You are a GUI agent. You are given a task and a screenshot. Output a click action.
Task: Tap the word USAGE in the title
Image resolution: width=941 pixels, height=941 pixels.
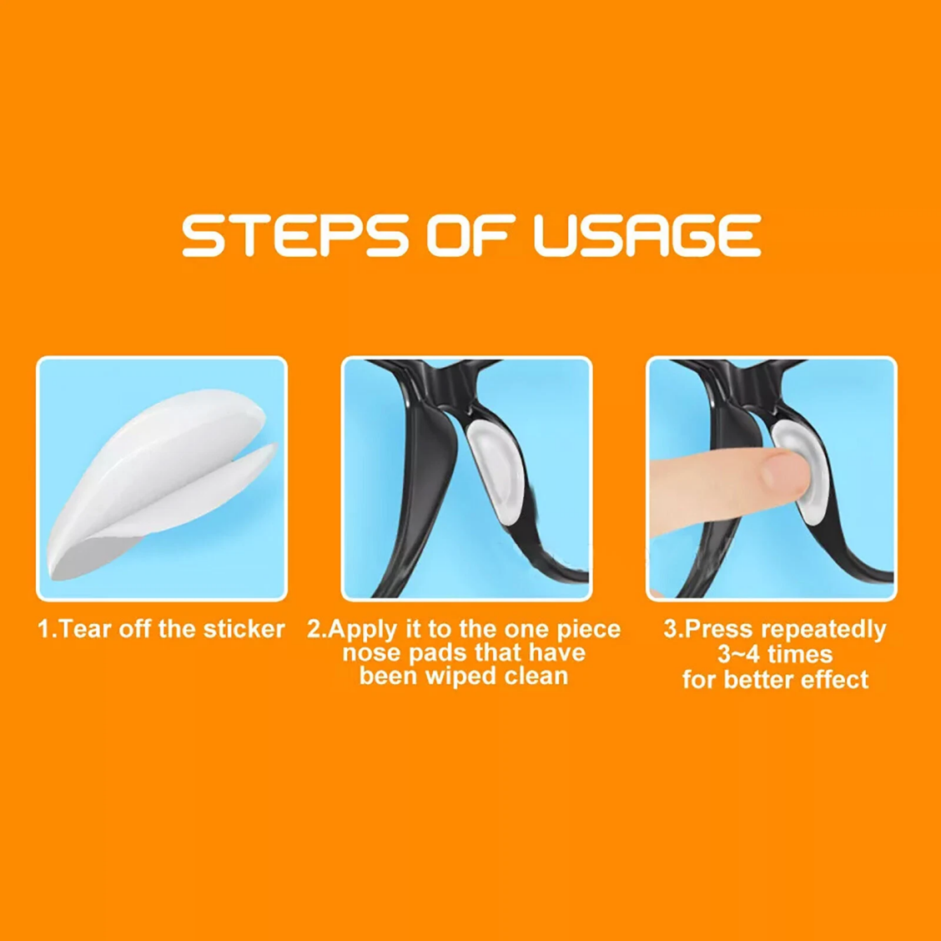point(647,235)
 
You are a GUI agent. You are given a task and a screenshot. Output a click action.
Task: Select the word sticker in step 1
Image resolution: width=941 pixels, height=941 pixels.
point(244,629)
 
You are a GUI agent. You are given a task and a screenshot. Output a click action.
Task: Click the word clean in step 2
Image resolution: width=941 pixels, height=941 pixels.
point(536,676)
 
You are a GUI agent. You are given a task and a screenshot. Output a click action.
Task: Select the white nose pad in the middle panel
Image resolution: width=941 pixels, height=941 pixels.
point(496,471)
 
